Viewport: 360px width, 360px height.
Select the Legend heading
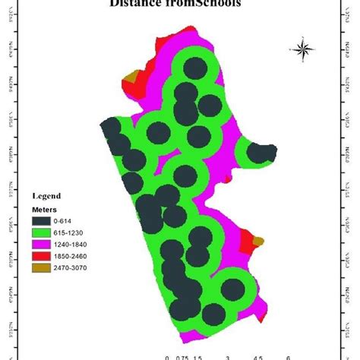pyautogui.click(x=46, y=195)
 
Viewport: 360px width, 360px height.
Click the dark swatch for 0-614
pyautogui.click(x=43, y=220)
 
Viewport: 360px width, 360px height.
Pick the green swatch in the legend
pyautogui.click(x=43, y=232)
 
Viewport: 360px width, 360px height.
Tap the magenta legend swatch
pyautogui.click(x=43, y=245)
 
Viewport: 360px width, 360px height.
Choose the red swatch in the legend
pyautogui.click(x=43, y=257)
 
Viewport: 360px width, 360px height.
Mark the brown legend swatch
pyautogui.click(x=43, y=269)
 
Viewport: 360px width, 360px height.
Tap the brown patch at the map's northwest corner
pyautogui.click(x=134, y=76)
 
